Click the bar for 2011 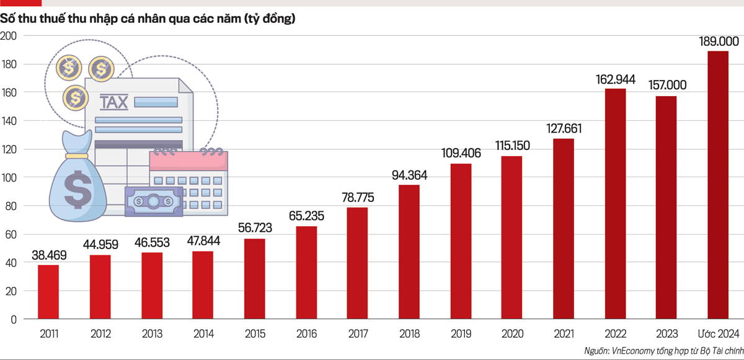pos(48,292)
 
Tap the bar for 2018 pos(409,252)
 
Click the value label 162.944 pos(615,79)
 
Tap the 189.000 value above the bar pos(718,42)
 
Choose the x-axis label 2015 pos(255,333)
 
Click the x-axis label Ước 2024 pos(718,333)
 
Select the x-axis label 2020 pos(512,333)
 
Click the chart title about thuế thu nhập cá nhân pos(148,19)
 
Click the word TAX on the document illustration pos(114,101)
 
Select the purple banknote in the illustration pos(154,201)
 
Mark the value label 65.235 pos(306,216)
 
